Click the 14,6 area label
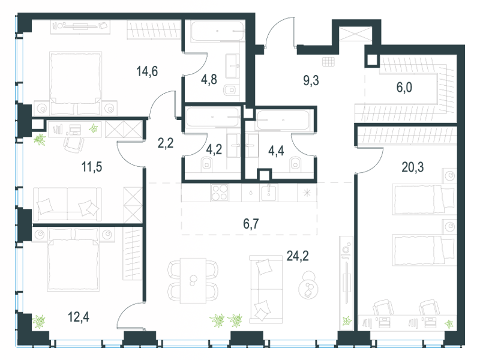click(x=147, y=71)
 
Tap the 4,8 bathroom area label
click(x=209, y=79)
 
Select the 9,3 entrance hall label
click(x=311, y=80)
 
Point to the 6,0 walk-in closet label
click(x=404, y=88)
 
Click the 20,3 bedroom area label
click(x=413, y=167)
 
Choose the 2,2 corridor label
click(x=166, y=143)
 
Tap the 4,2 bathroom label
click(x=214, y=149)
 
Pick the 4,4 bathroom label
click(x=276, y=151)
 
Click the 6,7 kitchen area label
click(x=251, y=224)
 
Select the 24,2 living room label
click(x=298, y=256)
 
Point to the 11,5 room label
click(x=92, y=167)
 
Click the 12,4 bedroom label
click(x=79, y=317)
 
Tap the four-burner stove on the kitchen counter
click(x=220, y=193)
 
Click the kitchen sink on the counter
click(x=269, y=193)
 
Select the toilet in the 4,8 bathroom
click(x=230, y=90)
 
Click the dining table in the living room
click(x=193, y=281)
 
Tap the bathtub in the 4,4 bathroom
click(x=282, y=120)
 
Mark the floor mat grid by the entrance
click(x=328, y=62)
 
